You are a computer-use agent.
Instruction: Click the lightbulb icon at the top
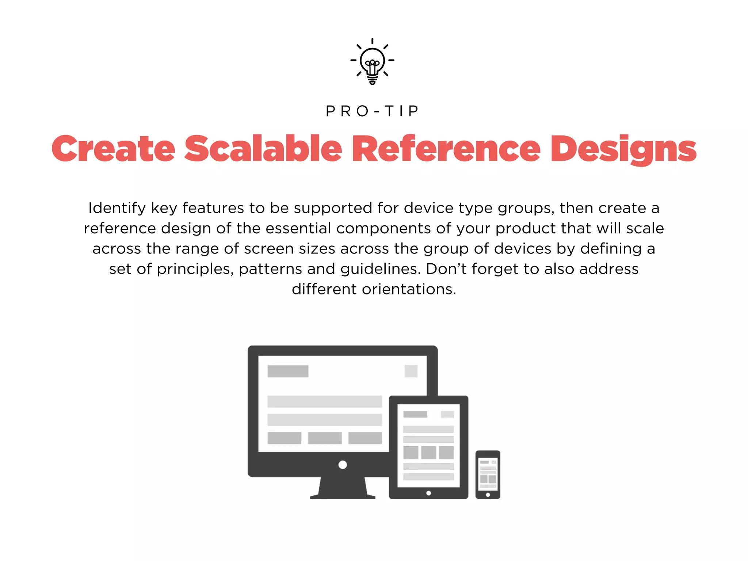point(372,61)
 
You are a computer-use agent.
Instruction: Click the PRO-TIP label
point(373,111)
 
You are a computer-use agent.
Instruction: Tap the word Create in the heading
point(113,149)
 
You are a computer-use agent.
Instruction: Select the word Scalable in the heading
point(263,149)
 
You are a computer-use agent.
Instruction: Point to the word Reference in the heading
point(446,149)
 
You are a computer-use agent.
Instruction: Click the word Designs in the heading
point(623,149)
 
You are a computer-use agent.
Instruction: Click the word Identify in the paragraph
point(117,208)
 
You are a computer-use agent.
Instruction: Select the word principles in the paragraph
point(195,269)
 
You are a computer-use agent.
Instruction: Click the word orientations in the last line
point(409,289)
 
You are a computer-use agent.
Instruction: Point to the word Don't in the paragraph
point(446,269)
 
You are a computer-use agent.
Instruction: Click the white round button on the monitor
point(343,465)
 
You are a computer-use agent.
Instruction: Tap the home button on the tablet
point(428,493)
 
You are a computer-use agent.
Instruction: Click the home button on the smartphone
point(488,495)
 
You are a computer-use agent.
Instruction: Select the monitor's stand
point(343,488)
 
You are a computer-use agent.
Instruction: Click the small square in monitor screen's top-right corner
point(411,371)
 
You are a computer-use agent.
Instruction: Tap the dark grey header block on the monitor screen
point(288,371)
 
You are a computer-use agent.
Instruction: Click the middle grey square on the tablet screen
point(428,453)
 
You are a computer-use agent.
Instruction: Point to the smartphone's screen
point(488,473)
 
